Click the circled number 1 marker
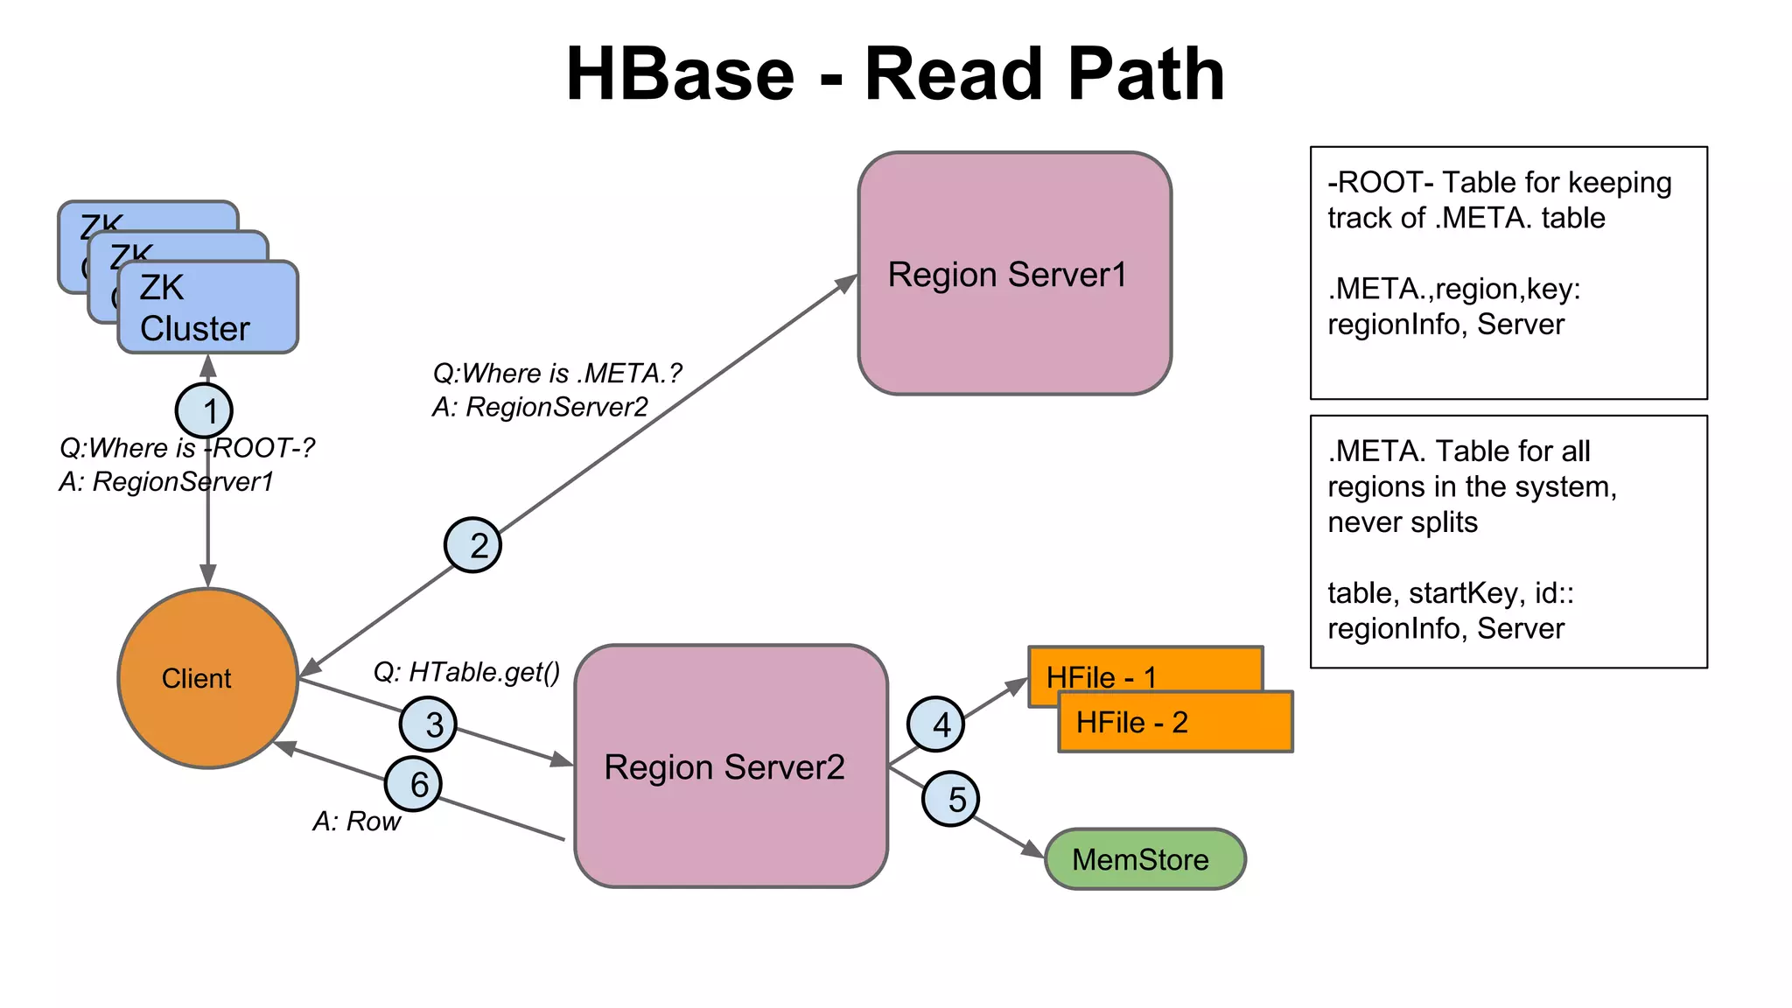pos(204,410)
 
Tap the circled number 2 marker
pos(472,545)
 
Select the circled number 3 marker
pos(428,724)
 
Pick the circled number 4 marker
pos(936,724)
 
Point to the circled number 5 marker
pos(951,798)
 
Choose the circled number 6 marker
pos(413,783)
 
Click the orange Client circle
pos(208,678)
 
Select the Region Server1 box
pos(1014,274)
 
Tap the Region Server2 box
pos(731,766)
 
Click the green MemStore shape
pos(1144,859)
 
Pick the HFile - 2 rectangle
pos(1175,723)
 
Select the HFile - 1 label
pos(1102,676)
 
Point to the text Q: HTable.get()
pos(466,672)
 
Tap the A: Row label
pos(356,821)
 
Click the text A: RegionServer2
pos(540,407)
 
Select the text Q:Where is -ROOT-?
pos(186,448)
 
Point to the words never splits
pos(1402,522)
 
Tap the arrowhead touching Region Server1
pos(846,283)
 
